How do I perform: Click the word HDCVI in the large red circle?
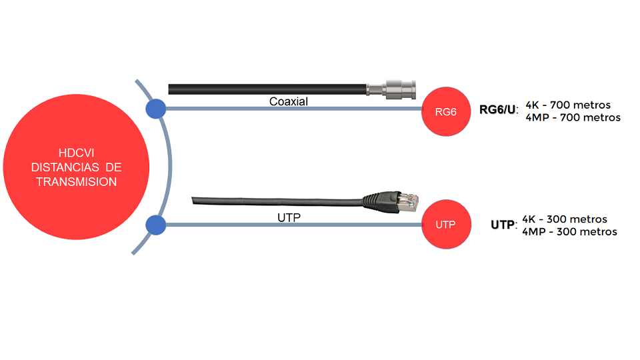(76, 153)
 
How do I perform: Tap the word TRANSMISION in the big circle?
(76, 181)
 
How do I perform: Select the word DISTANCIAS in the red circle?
(65, 167)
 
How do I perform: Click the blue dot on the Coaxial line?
(156, 109)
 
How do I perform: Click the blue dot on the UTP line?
(156, 225)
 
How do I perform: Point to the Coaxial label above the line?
(289, 101)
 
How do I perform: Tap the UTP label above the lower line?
(289, 217)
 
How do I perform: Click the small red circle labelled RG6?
(446, 111)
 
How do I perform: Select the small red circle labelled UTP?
(446, 224)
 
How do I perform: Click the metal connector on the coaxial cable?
(391, 89)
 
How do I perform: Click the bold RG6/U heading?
(497, 110)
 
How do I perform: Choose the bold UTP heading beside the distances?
(503, 225)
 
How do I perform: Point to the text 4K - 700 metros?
(568, 105)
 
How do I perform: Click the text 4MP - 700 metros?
(573, 117)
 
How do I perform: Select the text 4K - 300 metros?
(565, 219)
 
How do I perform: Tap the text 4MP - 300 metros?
(569, 232)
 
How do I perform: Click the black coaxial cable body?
(267, 89)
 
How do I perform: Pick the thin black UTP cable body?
(277, 201)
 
